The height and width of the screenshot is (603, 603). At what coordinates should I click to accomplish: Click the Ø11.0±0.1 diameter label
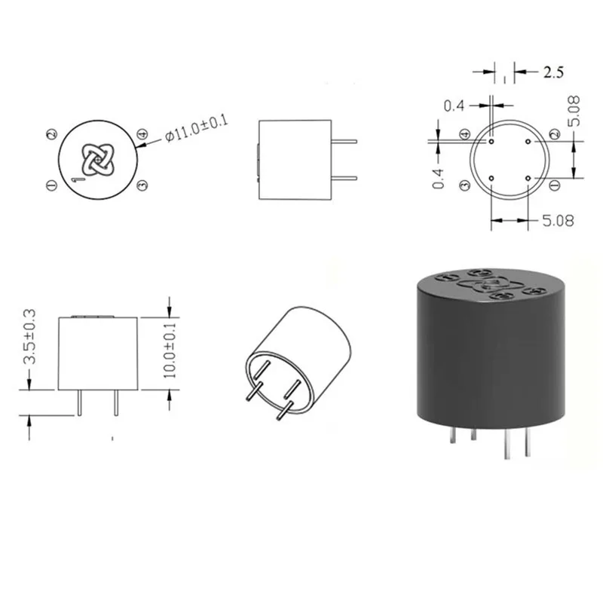(197, 127)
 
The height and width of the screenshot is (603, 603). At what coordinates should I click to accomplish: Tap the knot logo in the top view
(98, 160)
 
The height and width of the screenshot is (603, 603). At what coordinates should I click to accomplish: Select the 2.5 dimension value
(553, 72)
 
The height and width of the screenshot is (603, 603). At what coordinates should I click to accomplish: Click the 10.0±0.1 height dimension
(170, 350)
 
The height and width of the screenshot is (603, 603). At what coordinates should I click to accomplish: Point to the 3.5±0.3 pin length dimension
(29, 336)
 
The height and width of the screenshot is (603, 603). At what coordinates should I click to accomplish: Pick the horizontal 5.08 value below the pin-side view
(558, 221)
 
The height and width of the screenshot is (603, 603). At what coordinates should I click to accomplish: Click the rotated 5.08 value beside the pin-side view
(574, 111)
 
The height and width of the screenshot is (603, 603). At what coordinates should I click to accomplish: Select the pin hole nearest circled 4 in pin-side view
(491, 142)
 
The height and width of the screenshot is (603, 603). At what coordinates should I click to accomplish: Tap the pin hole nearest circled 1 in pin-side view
(528, 178)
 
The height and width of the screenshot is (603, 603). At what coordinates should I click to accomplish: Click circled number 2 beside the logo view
(51, 134)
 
